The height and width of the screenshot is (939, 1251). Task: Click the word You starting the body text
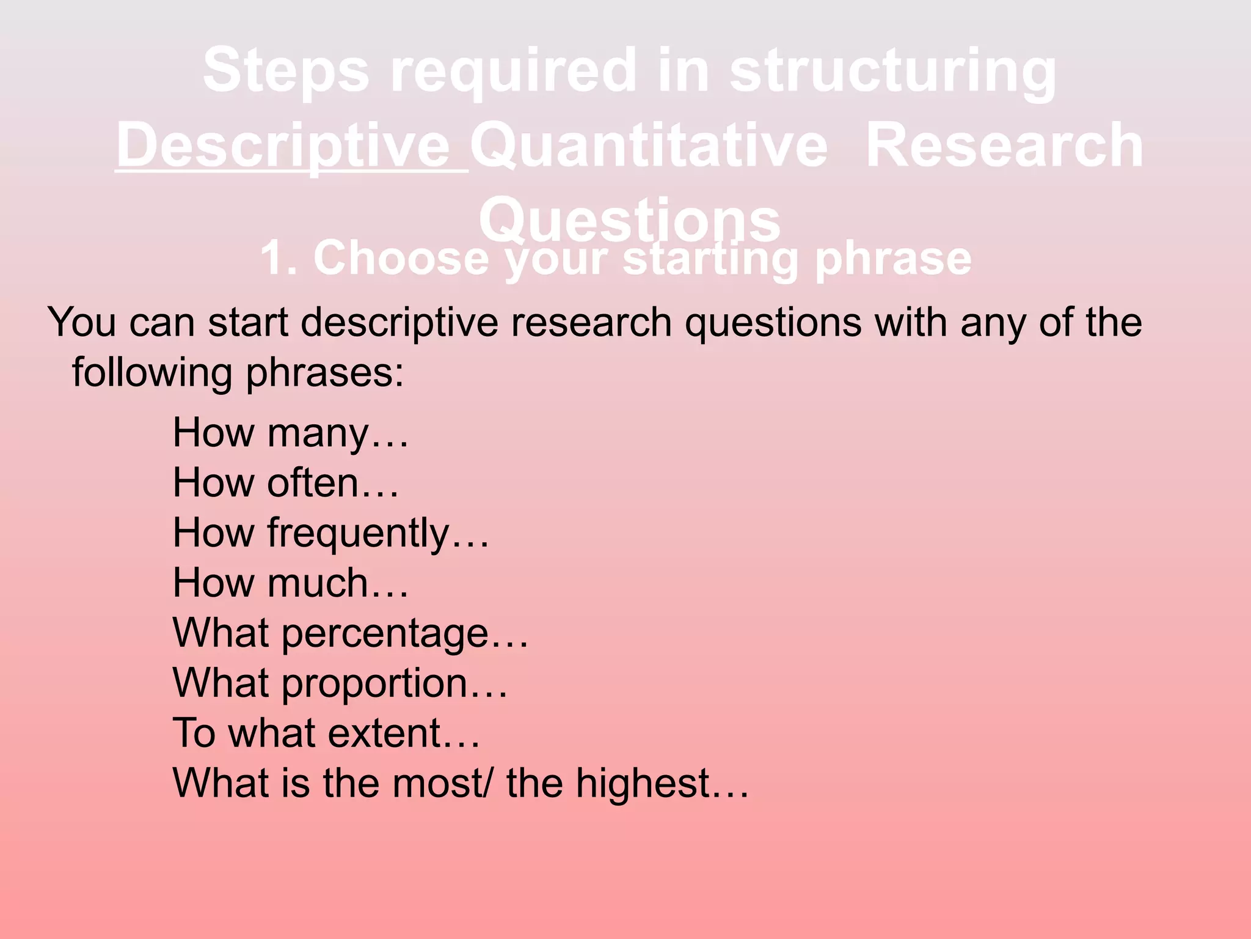click(82, 323)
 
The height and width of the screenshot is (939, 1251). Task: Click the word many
click(318, 433)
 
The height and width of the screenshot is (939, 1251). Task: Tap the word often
click(312, 484)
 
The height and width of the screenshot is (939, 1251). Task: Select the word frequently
click(358, 534)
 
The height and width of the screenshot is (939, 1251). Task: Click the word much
click(318, 583)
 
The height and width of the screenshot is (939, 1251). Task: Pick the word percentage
click(385, 633)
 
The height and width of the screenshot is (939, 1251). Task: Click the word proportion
click(374, 683)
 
